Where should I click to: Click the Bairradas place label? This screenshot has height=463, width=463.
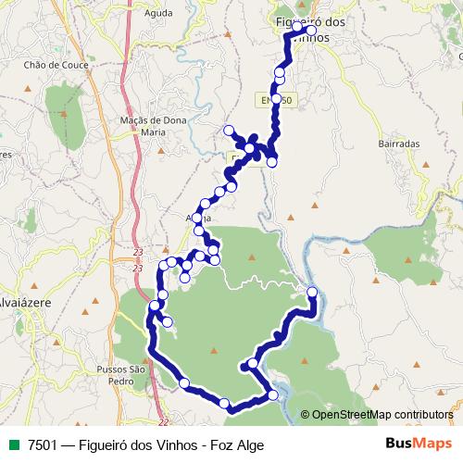(399, 144)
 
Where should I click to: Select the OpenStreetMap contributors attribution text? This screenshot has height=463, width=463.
(382, 415)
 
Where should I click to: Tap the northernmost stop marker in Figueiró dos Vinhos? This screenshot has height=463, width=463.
(311, 31)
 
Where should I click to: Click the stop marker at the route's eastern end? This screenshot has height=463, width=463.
(312, 293)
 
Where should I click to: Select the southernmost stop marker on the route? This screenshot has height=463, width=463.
(224, 403)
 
